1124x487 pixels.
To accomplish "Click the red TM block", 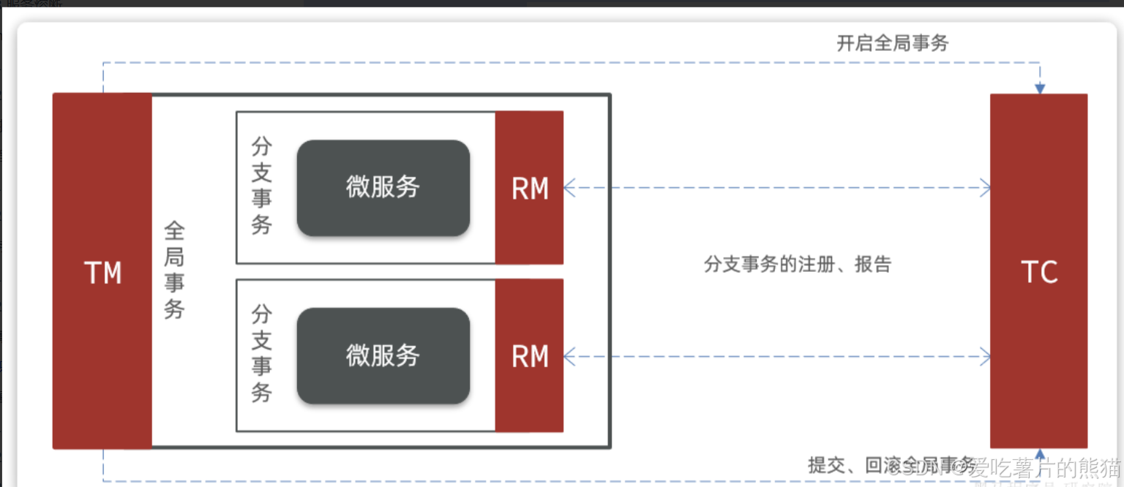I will [102, 183].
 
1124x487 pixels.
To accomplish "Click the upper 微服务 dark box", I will [383, 188].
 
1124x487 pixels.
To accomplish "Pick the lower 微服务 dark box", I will [383, 356].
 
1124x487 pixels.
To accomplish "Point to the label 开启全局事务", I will [892, 43].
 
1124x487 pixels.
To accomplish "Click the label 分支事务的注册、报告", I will [798, 264].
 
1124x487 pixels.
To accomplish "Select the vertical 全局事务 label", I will [174, 271].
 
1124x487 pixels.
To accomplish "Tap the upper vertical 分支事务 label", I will [261, 186].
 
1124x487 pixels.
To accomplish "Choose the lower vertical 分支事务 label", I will [261, 354].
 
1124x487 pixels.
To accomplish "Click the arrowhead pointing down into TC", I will [1039, 88].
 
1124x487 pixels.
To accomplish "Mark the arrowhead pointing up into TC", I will [1039, 454].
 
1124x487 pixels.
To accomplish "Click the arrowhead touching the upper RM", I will [569, 188].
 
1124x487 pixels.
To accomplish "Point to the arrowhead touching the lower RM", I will [569, 357].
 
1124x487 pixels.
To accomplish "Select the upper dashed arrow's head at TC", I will [985, 188].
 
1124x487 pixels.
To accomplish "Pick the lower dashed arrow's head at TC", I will [985, 357].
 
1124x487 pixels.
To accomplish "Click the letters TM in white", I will [102, 273].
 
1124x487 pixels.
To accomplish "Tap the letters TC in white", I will [1039, 272].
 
